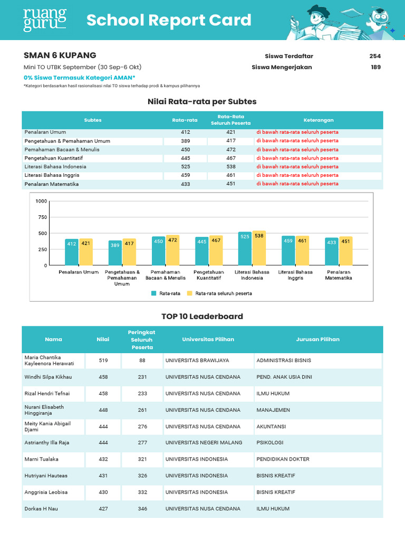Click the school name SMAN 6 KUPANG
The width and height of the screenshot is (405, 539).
point(60,55)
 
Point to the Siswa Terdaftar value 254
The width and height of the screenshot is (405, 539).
point(375,56)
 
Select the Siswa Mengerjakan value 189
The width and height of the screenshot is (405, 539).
point(375,67)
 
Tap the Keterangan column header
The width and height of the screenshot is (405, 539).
point(319,120)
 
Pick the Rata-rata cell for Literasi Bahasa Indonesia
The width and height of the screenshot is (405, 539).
point(185,166)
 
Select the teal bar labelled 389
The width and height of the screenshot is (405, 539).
point(115,253)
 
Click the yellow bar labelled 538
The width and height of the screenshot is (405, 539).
point(259,248)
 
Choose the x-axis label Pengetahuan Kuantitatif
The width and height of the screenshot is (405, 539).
point(208,275)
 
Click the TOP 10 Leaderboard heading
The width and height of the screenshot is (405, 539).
point(202,316)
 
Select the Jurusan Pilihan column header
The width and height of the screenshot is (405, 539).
point(318,340)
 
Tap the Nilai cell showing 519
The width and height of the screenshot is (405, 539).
point(103,361)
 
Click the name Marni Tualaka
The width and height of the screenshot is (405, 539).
point(42,459)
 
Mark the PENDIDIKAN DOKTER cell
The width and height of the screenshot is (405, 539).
point(283,459)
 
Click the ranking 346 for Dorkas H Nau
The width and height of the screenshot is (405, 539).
point(142,508)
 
